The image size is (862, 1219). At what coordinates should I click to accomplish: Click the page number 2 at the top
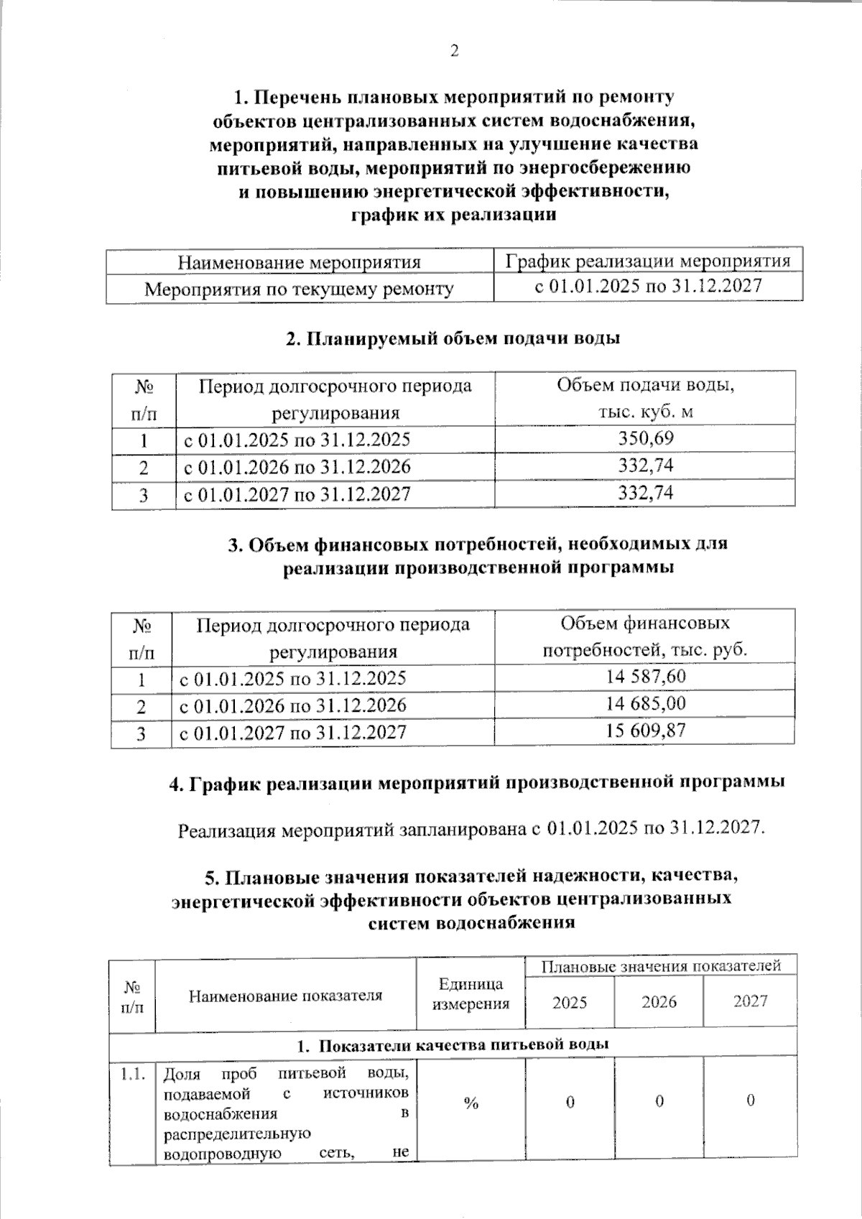[453, 51]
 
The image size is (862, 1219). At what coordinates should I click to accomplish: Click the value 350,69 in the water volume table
[646, 438]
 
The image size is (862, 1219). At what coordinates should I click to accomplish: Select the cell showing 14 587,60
[645, 677]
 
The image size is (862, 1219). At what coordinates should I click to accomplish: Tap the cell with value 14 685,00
[645, 704]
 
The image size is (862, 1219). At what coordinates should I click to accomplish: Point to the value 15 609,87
[645, 731]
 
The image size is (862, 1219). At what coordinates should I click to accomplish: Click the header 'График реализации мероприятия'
[648, 261]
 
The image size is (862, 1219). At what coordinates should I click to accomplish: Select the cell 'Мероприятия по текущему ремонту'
[299, 289]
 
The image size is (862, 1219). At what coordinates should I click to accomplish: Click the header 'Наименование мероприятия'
[299, 262]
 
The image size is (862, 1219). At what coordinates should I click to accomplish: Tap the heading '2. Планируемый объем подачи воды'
[453, 338]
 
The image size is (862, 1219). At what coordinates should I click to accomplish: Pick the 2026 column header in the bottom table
[659, 1002]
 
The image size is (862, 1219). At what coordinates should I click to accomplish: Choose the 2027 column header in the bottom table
[750, 1001]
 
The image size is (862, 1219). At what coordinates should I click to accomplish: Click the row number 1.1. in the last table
[133, 1075]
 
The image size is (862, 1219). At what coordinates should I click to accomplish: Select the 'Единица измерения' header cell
[471, 994]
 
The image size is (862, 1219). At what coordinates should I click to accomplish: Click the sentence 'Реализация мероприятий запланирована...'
[471, 829]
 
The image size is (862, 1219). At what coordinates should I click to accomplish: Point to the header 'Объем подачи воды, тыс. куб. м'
[645, 398]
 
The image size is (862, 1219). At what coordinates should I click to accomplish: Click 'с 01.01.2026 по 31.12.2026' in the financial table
[292, 705]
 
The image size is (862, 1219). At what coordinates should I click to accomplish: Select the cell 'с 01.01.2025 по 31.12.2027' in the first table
[648, 287]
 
